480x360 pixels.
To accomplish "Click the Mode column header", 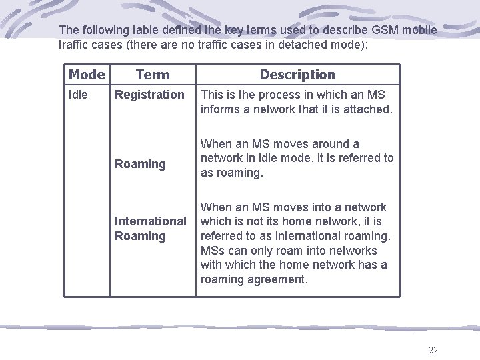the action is (x=87, y=75).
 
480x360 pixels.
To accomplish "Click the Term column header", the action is (x=153, y=75).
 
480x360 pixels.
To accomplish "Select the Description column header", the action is (x=297, y=75).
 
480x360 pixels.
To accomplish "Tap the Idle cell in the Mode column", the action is (x=78, y=95).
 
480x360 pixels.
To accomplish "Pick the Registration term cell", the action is (x=149, y=95).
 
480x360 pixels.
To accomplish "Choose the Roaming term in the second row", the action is (x=140, y=164).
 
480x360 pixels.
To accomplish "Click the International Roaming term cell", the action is (x=150, y=229).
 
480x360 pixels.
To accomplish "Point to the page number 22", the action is (x=433, y=351).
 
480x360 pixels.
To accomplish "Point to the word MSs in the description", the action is (x=214, y=251).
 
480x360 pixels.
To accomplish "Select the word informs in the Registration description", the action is (x=220, y=109).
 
